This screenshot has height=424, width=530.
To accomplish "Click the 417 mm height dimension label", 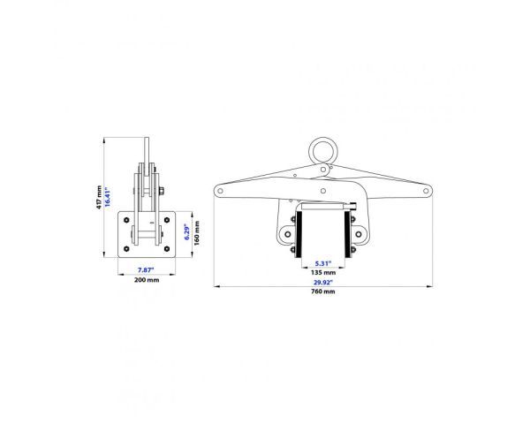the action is click(x=99, y=197).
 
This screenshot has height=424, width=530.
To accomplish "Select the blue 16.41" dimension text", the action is click(x=108, y=196).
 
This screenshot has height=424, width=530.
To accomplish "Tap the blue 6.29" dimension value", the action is click(x=187, y=232).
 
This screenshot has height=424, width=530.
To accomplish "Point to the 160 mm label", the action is click(x=197, y=233).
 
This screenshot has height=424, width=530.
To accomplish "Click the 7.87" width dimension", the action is click(x=146, y=269).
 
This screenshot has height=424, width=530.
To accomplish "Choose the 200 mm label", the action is click(x=147, y=280).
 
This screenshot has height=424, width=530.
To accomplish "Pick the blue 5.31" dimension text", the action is click(x=323, y=263).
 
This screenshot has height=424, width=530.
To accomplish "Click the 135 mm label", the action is click(x=323, y=273).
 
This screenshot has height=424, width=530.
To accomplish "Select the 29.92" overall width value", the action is click(x=323, y=282).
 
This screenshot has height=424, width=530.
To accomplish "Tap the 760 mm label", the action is click(x=323, y=291).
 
